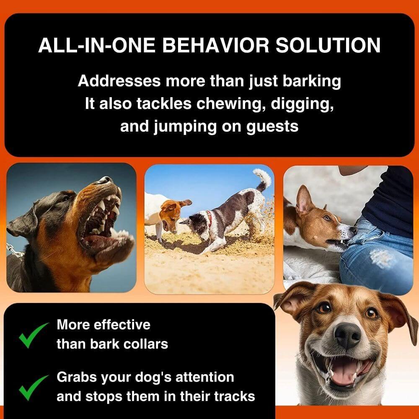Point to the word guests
(273, 126)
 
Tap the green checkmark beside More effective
(34, 334)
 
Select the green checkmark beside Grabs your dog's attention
(34, 386)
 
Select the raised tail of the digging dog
(262, 178)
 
